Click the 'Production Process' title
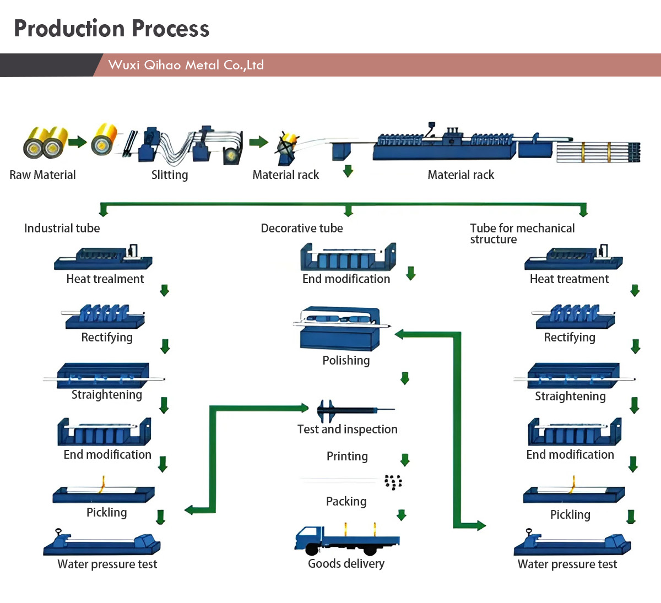point(112,29)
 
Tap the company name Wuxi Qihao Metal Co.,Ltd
point(186,65)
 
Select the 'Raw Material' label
point(42,175)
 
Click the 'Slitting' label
point(170,175)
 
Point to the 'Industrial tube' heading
point(62,228)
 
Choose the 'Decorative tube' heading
point(302,228)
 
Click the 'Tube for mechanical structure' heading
point(522,233)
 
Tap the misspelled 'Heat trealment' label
point(105,279)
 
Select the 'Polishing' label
point(346,361)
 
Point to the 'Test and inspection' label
point(348,429)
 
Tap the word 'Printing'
point(347,457)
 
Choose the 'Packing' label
point(346,501)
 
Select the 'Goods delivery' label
point(346,563)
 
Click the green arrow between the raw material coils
point(78,142)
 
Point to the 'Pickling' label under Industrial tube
point(106,512)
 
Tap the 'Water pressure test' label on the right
point(567,564)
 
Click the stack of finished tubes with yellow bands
point(598,152)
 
